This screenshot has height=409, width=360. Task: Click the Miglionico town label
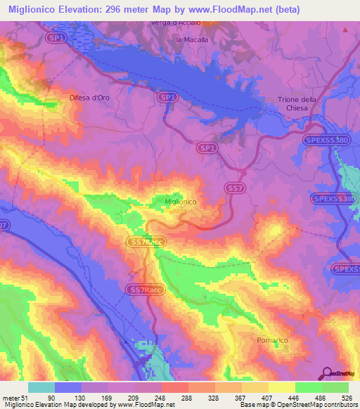180,202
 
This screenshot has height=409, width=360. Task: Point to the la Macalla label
192,39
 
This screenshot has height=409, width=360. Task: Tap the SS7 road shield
233,188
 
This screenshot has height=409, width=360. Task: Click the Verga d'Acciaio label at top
176,23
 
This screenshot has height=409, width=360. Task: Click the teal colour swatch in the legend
41,387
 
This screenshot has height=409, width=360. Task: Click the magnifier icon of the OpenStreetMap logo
328,372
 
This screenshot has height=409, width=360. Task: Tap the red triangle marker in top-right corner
345,30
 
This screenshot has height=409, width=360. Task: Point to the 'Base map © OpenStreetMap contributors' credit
297,404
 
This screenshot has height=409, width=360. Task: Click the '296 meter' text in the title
137,9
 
